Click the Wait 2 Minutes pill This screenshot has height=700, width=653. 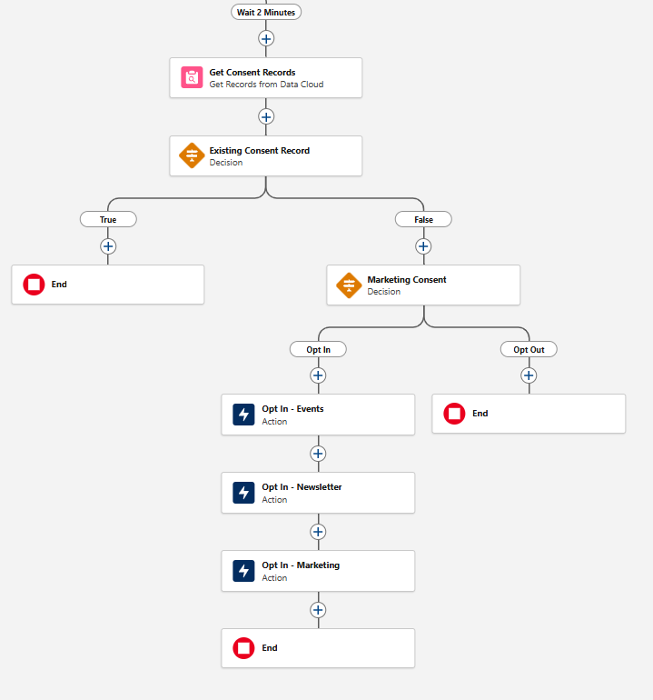(266, 12)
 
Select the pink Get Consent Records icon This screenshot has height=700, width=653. (191, 78)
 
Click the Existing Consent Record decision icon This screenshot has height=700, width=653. (191, 156)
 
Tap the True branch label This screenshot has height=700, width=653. (108, 219)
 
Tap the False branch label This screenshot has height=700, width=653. (423, 219)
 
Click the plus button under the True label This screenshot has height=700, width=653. (108, 245)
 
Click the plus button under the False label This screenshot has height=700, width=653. (423, 245)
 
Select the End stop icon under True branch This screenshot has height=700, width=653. (34, 285)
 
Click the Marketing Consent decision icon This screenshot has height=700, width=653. (349, 285)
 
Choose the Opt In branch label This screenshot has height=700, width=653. (318, 349)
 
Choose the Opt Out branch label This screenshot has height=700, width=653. (529, 349)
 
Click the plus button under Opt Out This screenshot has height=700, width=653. (529, 375)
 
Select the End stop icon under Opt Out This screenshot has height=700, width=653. (454, 414)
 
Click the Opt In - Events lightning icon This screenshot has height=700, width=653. (243, 415)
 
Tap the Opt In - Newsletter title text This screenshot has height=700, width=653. (302, 487)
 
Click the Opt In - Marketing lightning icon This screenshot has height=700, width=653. (243, 571)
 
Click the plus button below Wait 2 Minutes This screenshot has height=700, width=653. (266, 38)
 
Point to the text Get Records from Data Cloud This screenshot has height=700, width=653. (266, 85)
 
